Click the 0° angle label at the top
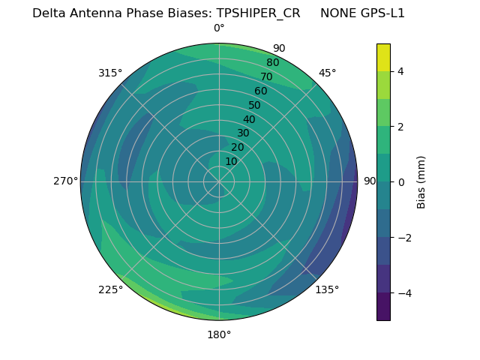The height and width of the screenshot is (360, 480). tap(219, 28)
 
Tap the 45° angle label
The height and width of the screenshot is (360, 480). tap(327, 73)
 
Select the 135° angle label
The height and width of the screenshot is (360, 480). tap(327, 289)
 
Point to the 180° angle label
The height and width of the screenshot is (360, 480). tap(219, 334)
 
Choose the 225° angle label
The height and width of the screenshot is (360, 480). tap(110, 290)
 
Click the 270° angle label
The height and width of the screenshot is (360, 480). tap(65, 181)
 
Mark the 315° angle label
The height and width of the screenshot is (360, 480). tap(110, 73)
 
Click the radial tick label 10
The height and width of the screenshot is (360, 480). tap(231, 161)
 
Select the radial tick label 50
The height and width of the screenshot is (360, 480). tap(254, 106)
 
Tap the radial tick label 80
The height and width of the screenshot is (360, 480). tap(272, 62)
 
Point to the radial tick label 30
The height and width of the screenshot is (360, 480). tap(243, 133)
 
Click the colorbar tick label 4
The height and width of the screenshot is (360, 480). tap(400, 71)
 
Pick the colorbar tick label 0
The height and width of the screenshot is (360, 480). tap(400, 182)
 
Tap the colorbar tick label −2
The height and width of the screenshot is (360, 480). tap(403, 238)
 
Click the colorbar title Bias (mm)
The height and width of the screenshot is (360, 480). tap(421, 182)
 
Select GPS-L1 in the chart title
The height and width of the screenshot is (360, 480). tap(385, 13)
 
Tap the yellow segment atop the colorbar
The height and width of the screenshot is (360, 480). tap(383, 57)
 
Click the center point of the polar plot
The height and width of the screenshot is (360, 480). tap(219, 181)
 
